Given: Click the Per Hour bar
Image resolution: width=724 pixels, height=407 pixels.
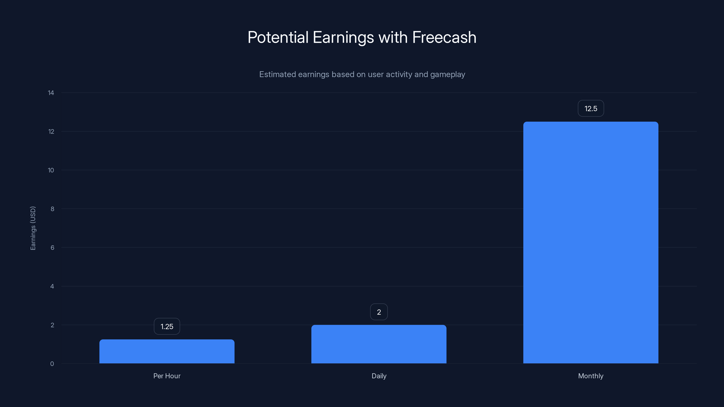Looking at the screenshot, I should [x=167, y=351].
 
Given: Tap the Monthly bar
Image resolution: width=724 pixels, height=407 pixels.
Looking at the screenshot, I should [x=591, y=242].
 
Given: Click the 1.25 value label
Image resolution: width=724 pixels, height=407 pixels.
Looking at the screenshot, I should [x=167, y=326].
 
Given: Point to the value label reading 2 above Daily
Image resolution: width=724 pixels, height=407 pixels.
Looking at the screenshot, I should [x=379, y=312].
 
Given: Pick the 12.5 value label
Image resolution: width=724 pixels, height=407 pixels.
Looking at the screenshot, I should [x=591, y=109].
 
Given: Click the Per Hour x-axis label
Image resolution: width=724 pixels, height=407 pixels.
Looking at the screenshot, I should [x=167, y=376].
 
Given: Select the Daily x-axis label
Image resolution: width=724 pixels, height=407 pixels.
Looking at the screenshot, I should [x=379, y=376].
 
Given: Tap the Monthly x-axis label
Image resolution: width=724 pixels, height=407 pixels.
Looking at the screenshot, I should [x=591, y=376].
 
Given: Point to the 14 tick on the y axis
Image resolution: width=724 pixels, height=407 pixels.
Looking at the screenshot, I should [x=51, y=93].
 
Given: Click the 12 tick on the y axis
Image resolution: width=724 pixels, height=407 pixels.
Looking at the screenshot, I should [x=51, y=131].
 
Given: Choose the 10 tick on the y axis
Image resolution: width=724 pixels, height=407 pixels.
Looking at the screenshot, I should [x=51, y=170].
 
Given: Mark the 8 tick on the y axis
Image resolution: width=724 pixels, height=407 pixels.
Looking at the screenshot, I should [x=52, y=209].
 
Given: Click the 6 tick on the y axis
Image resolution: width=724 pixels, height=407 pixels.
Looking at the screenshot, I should [x=52, y=247].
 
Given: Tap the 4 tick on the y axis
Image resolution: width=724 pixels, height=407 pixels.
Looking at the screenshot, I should [x=52, y=286].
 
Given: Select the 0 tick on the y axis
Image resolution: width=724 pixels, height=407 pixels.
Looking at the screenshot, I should [x=52, y=364].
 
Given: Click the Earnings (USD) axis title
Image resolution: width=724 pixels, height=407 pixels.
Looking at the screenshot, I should [x=33, y=228].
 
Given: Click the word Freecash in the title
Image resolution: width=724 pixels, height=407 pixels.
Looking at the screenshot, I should [x=444, y=37].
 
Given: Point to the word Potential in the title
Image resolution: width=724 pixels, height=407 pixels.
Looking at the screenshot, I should [x=278, y=37].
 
